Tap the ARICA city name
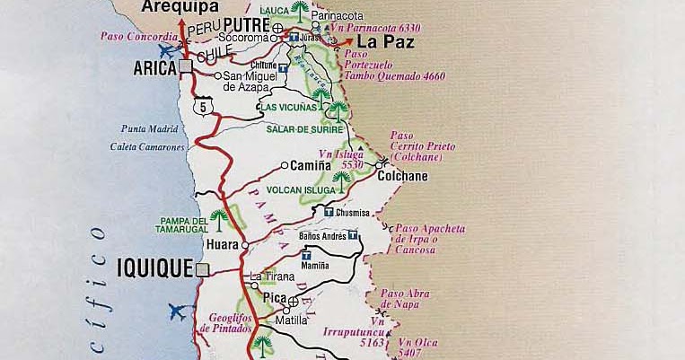coord(154,68)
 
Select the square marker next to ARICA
coord(185,67)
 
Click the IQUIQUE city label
coord(154,268)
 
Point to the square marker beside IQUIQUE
coord(203,268)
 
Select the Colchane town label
coord(402,176)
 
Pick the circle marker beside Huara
coord(245,244)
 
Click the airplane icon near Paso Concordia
coord(166,50)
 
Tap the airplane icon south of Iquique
coord(177,312)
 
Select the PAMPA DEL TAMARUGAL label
coord(184,226)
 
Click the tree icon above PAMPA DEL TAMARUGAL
coord(218,216)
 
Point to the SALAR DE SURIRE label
coord(303,128)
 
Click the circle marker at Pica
coord(293,302)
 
